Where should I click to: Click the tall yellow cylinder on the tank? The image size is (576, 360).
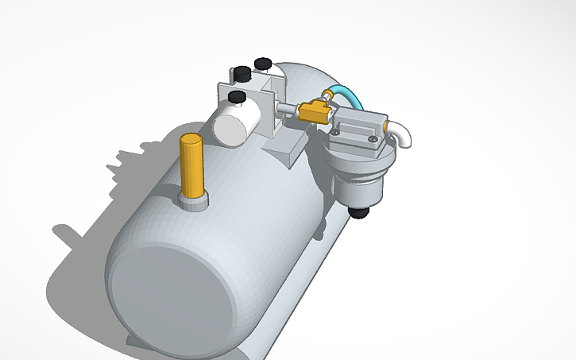pos(191,168)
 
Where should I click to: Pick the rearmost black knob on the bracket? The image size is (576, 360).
pos(262,63)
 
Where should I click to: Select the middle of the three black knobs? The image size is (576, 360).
pos(241,74)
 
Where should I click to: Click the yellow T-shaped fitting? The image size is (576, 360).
pos(314,111)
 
